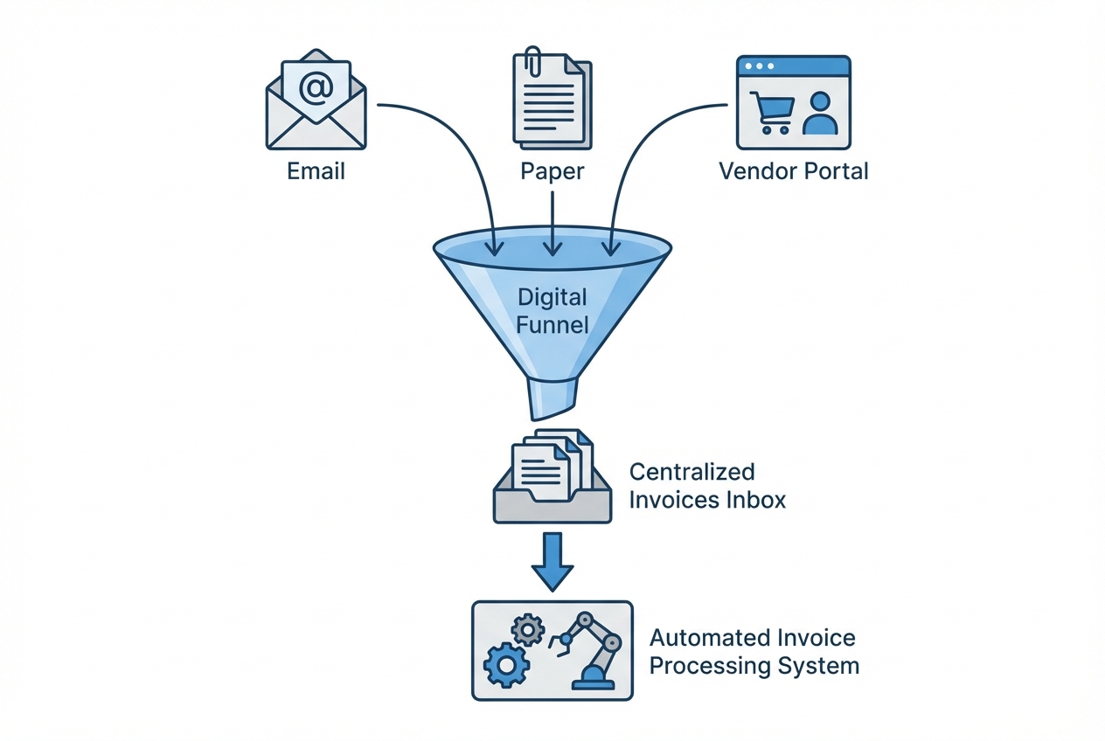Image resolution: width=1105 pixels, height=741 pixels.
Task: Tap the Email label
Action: [x=316, y=170]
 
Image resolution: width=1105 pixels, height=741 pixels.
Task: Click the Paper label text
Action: [x=552, y=170]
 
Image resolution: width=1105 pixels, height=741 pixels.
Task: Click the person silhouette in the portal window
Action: [x=819, y=114]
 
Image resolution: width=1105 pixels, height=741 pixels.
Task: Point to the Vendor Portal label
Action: [x=793, y=170]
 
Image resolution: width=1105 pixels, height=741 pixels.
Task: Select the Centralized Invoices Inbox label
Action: [x=706, y=486]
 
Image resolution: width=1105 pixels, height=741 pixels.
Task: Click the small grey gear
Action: [x=527, y=627]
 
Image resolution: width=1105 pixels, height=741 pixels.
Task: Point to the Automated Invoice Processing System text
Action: [x=754, y=652]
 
